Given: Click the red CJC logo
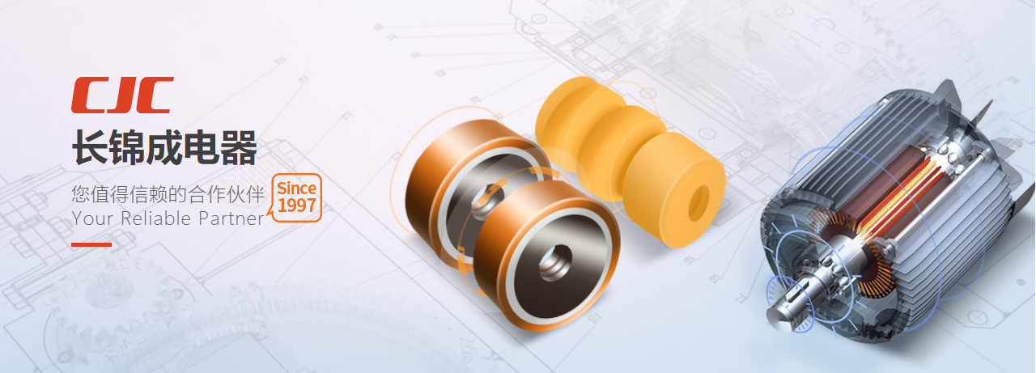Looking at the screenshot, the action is click(x=122, y=95).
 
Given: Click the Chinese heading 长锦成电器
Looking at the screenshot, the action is click(x=164, y=147).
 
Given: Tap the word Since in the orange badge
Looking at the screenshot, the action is click(x=296, y=189).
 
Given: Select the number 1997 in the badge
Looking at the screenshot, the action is click(x=297, y=206).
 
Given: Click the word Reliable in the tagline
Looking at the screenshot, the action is click(x=155, y=218).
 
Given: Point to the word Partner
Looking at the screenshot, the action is click(x=231, y=218).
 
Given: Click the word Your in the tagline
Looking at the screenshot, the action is click(x=92, y=218).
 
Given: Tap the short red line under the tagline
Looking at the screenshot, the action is click(x=91, y=244).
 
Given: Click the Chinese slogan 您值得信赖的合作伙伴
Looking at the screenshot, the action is click(x=168, y=194).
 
